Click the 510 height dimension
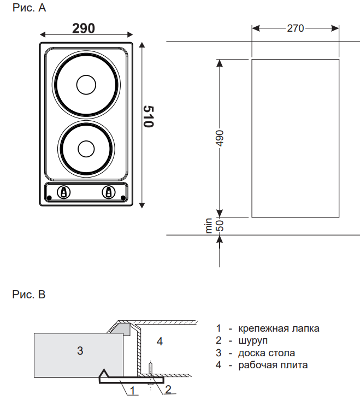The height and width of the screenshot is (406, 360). click(x=148, y=116)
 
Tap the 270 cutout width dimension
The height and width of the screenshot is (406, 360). click(x=295, y=28)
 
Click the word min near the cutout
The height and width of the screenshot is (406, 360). click(x=209, y=226)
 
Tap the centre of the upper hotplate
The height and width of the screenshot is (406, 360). click(x=86, y=86)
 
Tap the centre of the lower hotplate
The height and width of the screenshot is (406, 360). click(x=86, y=148)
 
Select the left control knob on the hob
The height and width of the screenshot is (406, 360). click(x=63, y=192)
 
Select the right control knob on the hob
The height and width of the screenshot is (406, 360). click(x=109, y=192)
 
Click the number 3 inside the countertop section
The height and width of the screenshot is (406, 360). click(x=80, y=350)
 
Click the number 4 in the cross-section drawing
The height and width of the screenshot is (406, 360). click(x=160, y=342)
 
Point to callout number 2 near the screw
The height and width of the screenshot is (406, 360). click(x=168, y=390)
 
